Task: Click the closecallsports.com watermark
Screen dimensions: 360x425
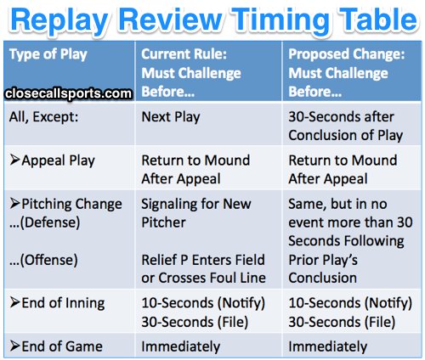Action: coord(67,93)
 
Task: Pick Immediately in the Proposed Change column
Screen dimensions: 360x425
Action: coord(327,346)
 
